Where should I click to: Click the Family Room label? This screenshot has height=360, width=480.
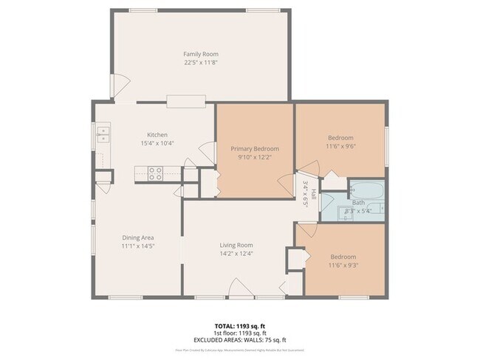tap(201, 54)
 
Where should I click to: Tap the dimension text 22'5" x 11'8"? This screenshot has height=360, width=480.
tap(201, 63)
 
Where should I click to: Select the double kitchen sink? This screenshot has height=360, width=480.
tap(102, 133)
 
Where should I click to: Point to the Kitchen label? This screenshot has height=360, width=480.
tap(157, 135)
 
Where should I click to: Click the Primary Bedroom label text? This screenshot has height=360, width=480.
tap(254, 148)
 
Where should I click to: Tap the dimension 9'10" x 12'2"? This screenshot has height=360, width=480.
tap(254, 157)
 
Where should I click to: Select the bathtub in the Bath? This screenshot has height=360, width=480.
tap(366, 191)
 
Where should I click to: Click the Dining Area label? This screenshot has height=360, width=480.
tap(137, 237)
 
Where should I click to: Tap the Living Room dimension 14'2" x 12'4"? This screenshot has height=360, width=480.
tap(236, 254)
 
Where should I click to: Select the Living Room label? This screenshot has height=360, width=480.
tap(236, 245)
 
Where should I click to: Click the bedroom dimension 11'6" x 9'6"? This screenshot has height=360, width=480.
tap(340, 146)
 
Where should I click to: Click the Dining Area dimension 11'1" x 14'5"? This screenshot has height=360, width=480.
tap(137, 246)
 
